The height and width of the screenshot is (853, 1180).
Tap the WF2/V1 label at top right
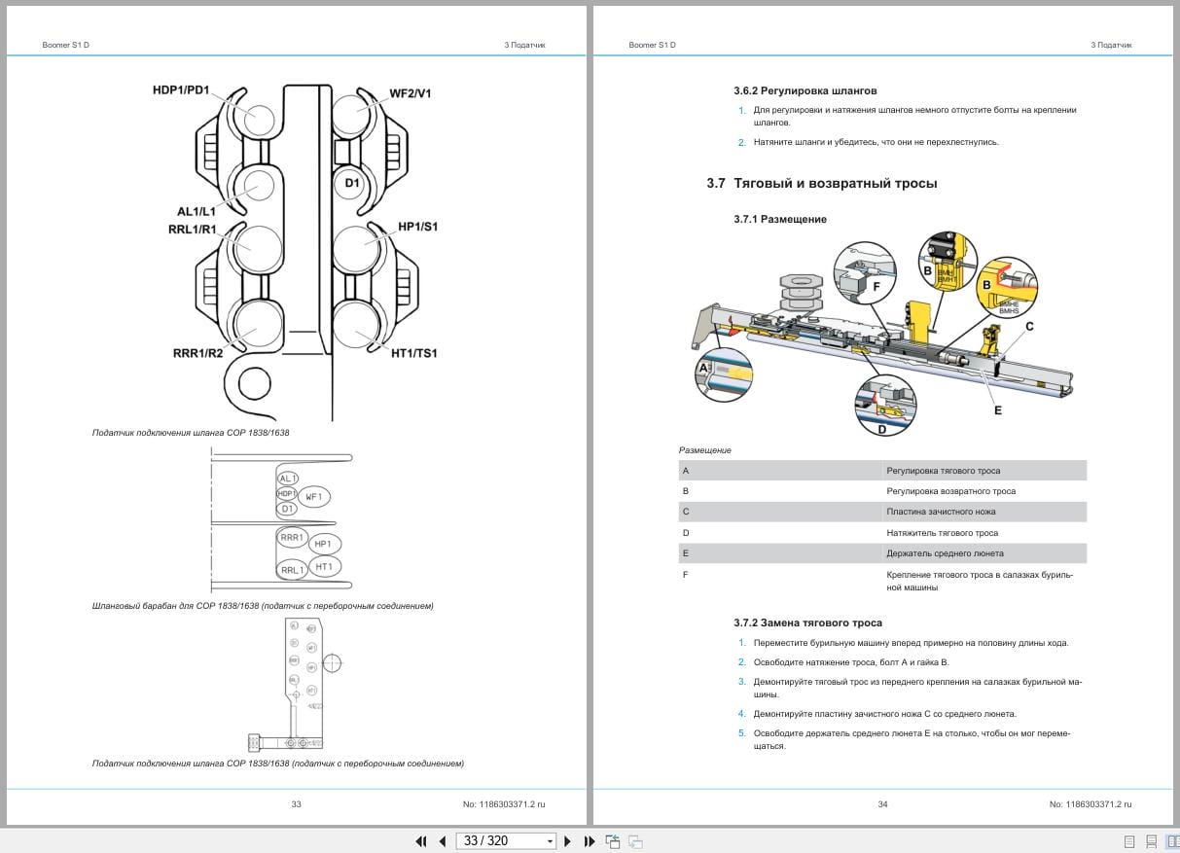point(411,93)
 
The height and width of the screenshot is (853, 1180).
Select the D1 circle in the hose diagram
point(352,183)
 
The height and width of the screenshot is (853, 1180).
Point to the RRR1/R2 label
point(197,353)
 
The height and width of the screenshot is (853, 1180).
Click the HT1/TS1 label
point(413,353)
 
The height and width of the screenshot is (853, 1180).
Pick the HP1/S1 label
point(417,227)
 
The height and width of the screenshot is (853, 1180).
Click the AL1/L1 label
point(196,211)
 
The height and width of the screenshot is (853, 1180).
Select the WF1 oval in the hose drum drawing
point(313,496)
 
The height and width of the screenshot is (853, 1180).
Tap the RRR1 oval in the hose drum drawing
point(292,537)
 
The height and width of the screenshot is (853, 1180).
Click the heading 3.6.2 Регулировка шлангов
point(805,90)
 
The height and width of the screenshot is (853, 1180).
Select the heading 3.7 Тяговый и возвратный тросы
point(822,183)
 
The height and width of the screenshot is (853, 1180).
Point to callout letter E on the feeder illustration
point(997,410)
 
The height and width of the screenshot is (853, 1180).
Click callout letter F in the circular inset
point(876,287)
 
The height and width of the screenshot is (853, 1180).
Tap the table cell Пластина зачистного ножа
point(941,512)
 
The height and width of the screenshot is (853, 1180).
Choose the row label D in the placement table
point(686,533)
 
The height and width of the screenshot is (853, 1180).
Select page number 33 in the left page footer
point(297,804)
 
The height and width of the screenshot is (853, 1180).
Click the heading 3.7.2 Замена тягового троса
point(807,622)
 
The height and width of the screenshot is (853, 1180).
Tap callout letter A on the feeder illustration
point(703,369)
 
